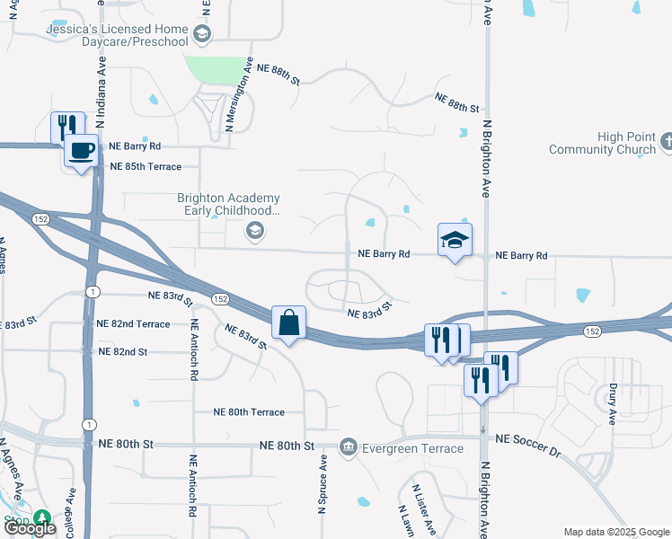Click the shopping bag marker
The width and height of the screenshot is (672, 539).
click(x=288, y=323)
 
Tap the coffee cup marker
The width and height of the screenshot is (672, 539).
click(x=81, y=150)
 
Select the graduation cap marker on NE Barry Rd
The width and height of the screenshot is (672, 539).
click(x=455, y=241)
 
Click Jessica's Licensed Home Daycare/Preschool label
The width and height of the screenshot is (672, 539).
click(x=118, y=35)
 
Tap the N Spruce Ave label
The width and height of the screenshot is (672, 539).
click(x=322, y=483)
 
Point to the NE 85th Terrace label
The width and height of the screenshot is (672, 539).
click(x=146, y=166)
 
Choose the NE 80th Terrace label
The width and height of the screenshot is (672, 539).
click(x=249, y=412)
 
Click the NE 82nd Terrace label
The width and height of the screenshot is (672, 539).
click(x=133, y=323)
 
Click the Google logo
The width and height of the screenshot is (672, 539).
click(x=29, y=527)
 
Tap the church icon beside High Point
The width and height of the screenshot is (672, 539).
click(x=666, y=142)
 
